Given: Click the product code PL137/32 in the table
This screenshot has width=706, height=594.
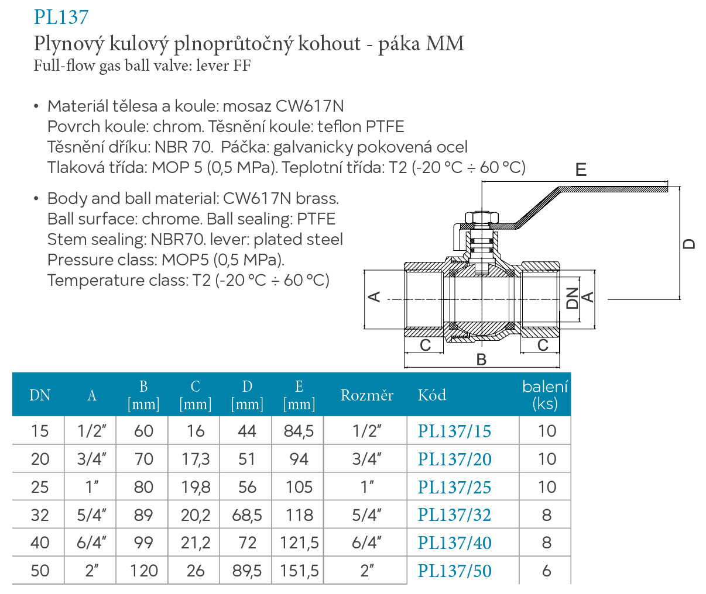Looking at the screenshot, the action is tap(454, 515).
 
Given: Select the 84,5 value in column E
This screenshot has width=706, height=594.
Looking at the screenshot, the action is tap(299, 431).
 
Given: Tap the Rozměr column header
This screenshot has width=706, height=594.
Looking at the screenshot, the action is tap(367, 395).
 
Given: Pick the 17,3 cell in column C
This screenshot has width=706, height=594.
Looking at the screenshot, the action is tap(196, 460).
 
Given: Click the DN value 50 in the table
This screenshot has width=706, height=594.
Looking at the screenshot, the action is tap(40, 571).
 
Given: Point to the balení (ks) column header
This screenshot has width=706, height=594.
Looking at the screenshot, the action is tap(544, 395).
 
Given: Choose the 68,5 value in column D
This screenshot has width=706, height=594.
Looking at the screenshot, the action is tap(247, 515).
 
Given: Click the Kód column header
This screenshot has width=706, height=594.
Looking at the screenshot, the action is tap(432, 395).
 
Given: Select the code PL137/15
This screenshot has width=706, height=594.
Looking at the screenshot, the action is tap(454, 431).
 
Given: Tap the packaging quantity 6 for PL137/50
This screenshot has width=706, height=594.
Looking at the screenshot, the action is tap(546, 571).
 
